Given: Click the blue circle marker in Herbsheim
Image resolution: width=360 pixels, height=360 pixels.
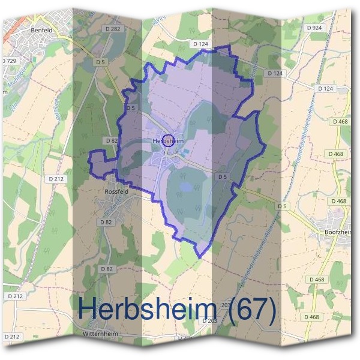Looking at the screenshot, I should coord(169,140).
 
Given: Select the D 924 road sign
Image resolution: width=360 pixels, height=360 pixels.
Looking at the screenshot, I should coord(314,28).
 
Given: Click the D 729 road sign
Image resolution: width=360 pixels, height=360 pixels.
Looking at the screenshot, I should coord(8,61).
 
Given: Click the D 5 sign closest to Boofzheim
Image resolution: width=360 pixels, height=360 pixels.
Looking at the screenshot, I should coord(282,206).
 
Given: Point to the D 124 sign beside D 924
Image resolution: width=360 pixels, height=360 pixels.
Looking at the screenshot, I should coord(325,88).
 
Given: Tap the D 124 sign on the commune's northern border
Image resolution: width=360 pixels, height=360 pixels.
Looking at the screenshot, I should coord(200,44).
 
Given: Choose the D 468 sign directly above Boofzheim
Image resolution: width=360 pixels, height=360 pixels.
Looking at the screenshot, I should coord(338,201).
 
